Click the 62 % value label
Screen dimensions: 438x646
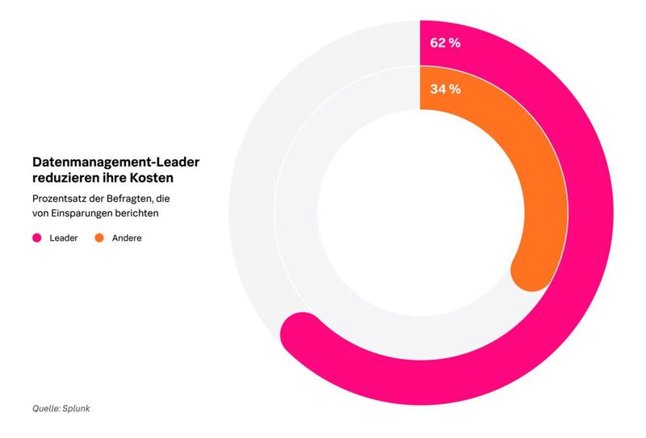coord(445,42)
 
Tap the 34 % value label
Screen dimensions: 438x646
coord(445,89)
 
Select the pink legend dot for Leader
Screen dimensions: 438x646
coord(36,238)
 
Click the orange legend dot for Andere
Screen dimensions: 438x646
coord(99,238)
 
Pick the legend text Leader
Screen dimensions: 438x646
coord(64,238)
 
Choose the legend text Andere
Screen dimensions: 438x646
coord(127,238)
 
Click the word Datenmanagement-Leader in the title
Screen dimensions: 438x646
coord(115,162)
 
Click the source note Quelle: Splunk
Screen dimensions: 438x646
coord(61,408)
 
